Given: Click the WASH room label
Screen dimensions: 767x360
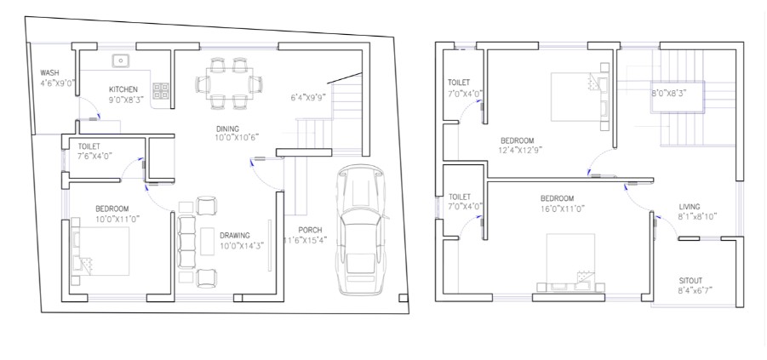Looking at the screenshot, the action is coord(49,73).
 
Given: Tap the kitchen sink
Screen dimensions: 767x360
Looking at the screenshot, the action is coord(120,61).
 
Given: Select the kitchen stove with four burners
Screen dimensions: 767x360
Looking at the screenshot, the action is coord(161,90).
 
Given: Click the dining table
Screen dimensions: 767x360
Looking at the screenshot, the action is coord(229,83).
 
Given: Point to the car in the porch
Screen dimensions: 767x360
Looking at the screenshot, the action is coord(362,230).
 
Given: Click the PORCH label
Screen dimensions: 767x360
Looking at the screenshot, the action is coord(310,231).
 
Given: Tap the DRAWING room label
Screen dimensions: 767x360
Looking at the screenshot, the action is coord(235,235).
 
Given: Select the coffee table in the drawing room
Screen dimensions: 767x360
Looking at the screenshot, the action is coord(208,241).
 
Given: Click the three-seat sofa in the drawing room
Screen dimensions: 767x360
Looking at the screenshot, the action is coord(186,242).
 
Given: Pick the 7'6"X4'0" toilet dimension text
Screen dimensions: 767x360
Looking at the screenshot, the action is coord(94,156).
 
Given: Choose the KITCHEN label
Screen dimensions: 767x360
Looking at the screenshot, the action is coord(123,89).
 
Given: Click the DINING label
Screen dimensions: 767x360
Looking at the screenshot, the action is coord(227,129).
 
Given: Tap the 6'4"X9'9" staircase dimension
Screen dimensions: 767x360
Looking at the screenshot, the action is coord(308,97).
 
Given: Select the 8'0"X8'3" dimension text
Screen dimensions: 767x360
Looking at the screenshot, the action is coord(669,93).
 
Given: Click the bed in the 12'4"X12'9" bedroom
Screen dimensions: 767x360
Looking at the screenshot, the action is coord(580,97).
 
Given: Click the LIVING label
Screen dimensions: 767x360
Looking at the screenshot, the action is coord(690,207).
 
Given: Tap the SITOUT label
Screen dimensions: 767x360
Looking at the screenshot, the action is coord(690,281).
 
